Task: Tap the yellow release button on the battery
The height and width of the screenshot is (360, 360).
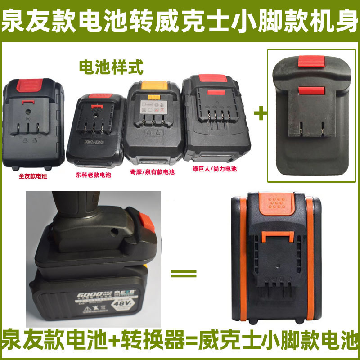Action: click(151, 85)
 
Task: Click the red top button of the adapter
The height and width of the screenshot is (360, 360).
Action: click(311, 62)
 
